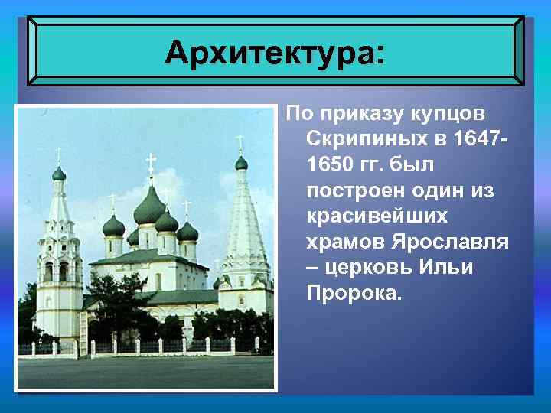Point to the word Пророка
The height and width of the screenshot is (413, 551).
click(353, 293)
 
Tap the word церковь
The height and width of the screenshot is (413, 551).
click(373, 268)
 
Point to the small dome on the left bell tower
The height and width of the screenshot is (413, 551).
click(59, 174)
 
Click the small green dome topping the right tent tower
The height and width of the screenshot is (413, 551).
click(241, 162)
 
